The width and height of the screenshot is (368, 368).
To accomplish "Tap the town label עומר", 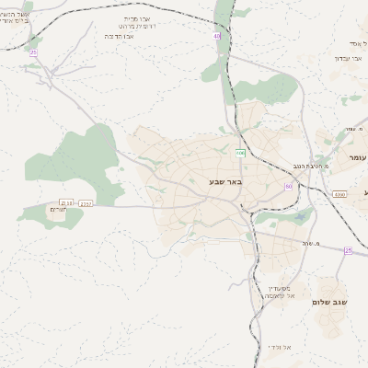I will [357, 157].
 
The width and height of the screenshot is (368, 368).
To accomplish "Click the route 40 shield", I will [217, 37].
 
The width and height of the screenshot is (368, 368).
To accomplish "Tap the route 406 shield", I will [240, 153].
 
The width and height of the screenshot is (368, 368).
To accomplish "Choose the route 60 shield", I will [288, 187].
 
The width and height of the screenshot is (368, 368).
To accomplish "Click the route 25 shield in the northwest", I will [34, 52].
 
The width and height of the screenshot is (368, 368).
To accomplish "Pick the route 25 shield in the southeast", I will [349, 250].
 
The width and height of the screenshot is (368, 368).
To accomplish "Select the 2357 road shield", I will [86, 203].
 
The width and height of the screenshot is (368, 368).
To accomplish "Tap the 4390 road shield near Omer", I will [339, 194].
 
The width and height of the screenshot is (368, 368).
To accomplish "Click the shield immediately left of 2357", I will [66, 202].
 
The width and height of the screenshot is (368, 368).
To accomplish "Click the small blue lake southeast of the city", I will [300, 217].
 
